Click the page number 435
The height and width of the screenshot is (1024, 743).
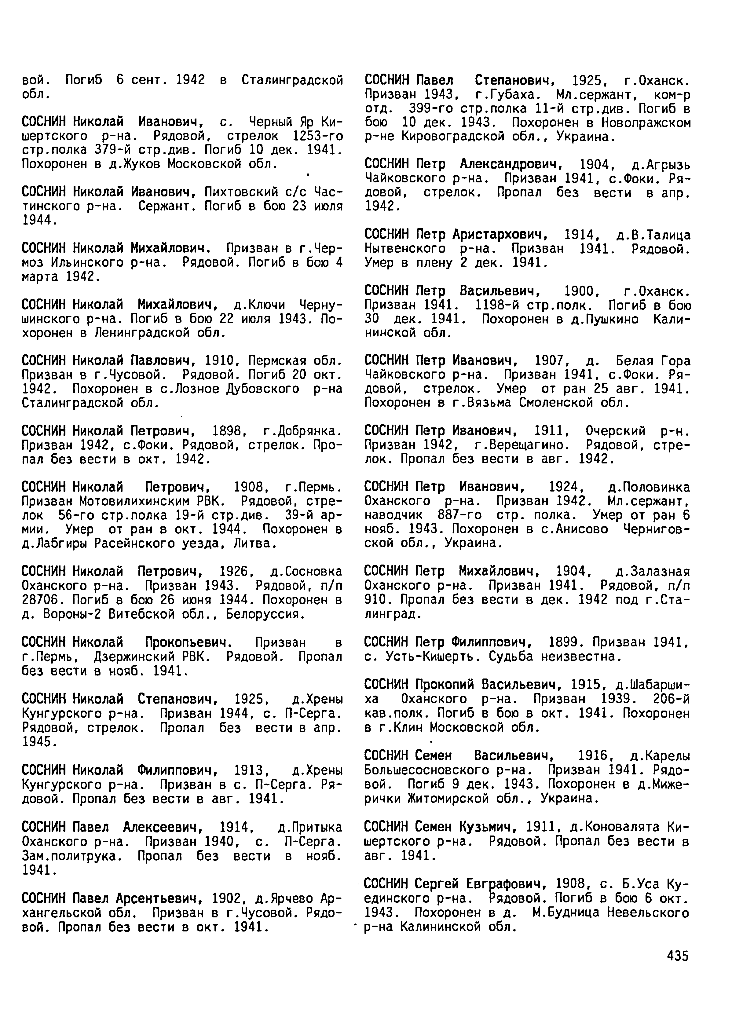tap(677, 956)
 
